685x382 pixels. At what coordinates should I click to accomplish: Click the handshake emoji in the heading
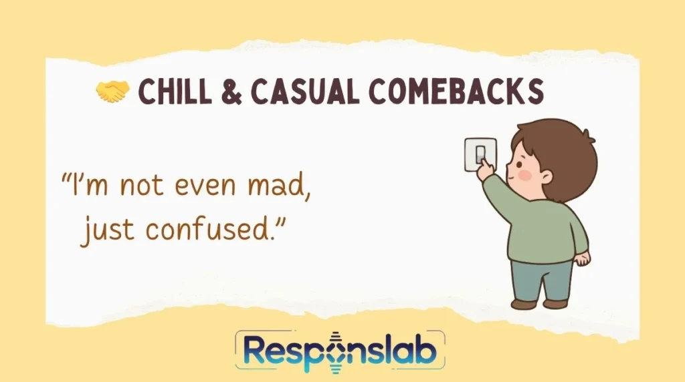pos(111,92)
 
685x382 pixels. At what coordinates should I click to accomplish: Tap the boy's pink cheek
pos(524,175)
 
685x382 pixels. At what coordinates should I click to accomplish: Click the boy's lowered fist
pos(583,258)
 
